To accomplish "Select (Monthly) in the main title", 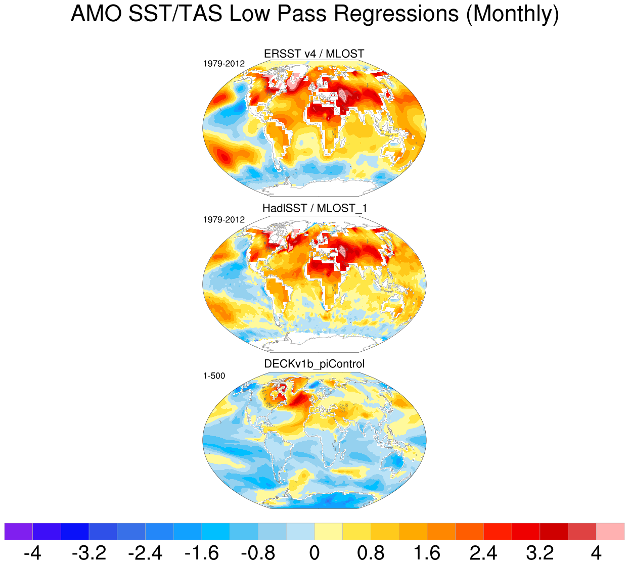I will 512,14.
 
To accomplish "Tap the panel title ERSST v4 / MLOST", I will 314,54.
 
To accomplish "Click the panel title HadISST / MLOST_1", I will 314,208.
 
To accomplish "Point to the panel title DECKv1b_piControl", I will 314,364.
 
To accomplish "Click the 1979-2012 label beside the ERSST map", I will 223,64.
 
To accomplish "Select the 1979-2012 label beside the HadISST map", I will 223,220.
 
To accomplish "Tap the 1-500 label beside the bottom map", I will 214,376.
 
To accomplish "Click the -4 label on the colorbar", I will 32,553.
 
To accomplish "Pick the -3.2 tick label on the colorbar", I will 89,553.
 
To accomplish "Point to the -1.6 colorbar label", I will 202,553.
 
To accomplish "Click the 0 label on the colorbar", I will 314,553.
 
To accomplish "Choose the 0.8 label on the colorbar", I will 371,553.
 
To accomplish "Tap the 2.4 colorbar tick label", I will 483,553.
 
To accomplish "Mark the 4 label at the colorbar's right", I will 596,553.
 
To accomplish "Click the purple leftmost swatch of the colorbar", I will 18,532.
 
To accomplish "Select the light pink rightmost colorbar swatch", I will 610,532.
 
